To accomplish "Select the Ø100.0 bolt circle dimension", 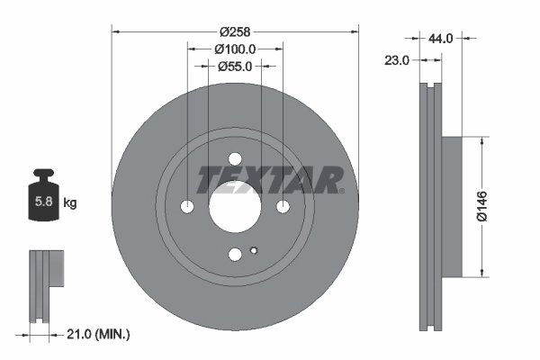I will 236,49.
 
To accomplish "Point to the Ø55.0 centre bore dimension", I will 235,66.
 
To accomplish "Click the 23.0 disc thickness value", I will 396,60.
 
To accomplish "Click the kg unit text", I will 69,203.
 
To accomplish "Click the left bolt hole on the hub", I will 188,207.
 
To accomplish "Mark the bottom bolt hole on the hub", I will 235,255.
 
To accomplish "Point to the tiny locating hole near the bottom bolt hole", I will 255,250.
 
